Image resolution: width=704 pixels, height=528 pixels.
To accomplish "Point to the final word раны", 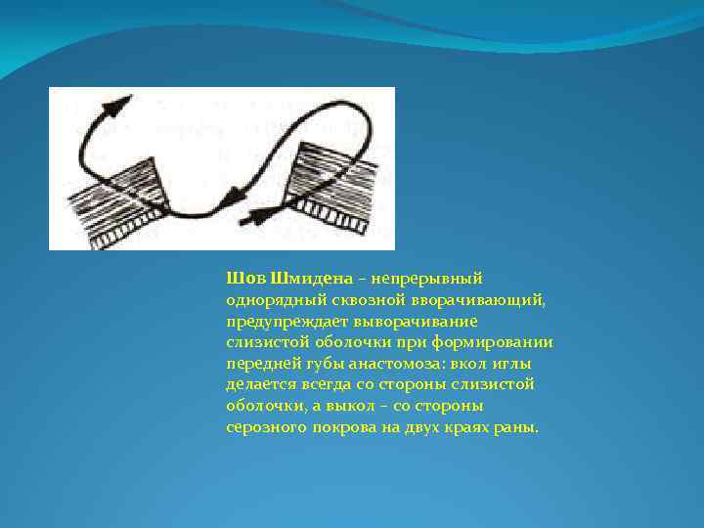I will (519, 428).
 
